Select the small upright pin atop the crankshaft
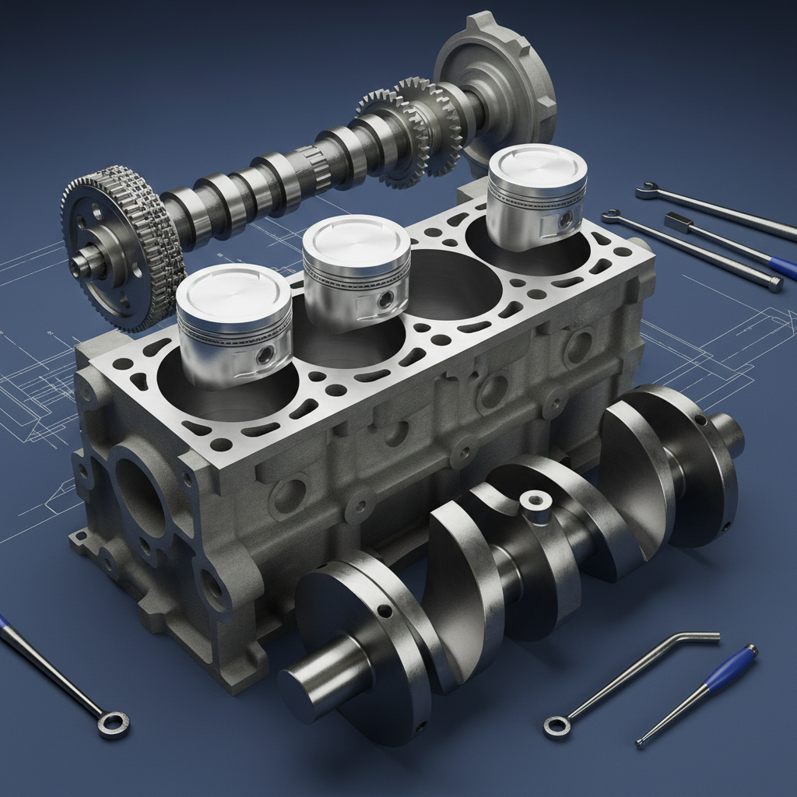pos(535,502)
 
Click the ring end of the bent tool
pos(556,725)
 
